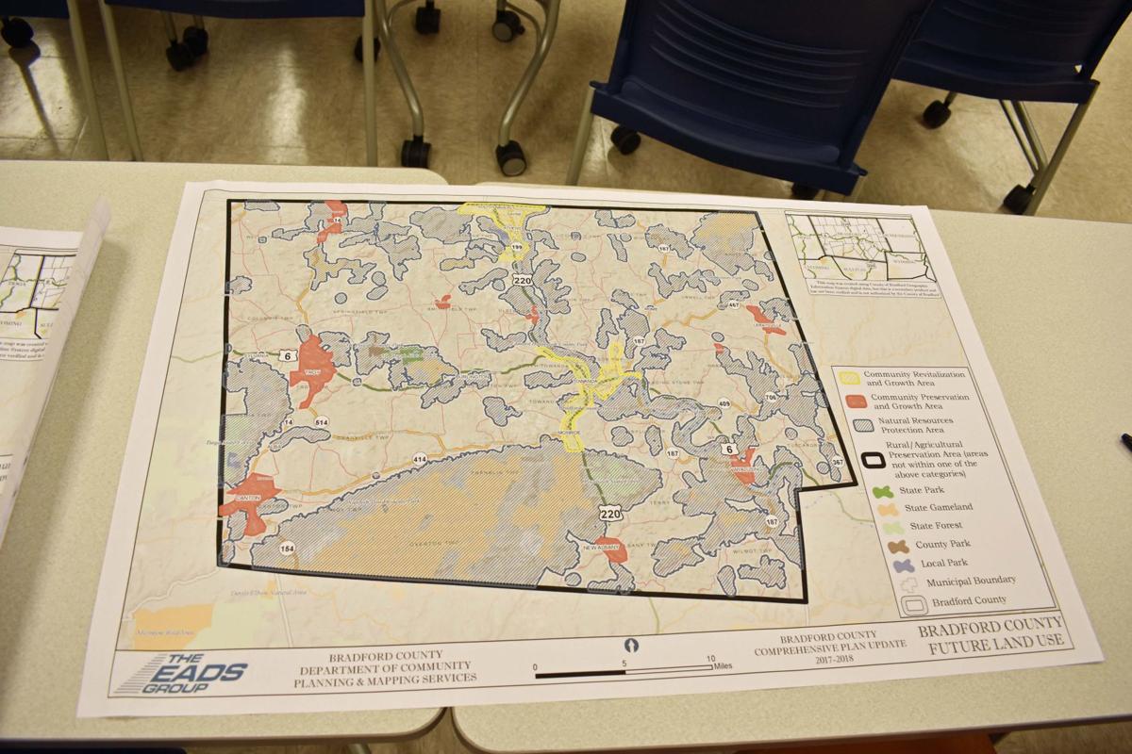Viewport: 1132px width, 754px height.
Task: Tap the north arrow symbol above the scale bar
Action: (631, 646)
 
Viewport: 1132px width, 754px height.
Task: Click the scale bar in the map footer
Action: (624, 670)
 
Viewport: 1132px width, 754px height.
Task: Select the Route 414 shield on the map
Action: (419, 459)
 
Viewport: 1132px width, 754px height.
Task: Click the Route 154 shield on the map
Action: (287, 549)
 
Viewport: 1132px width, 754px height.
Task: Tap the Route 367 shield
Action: (837, 462)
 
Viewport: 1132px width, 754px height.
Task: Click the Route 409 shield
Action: (724, 404)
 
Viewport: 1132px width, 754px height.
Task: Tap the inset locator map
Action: (856, 248)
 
